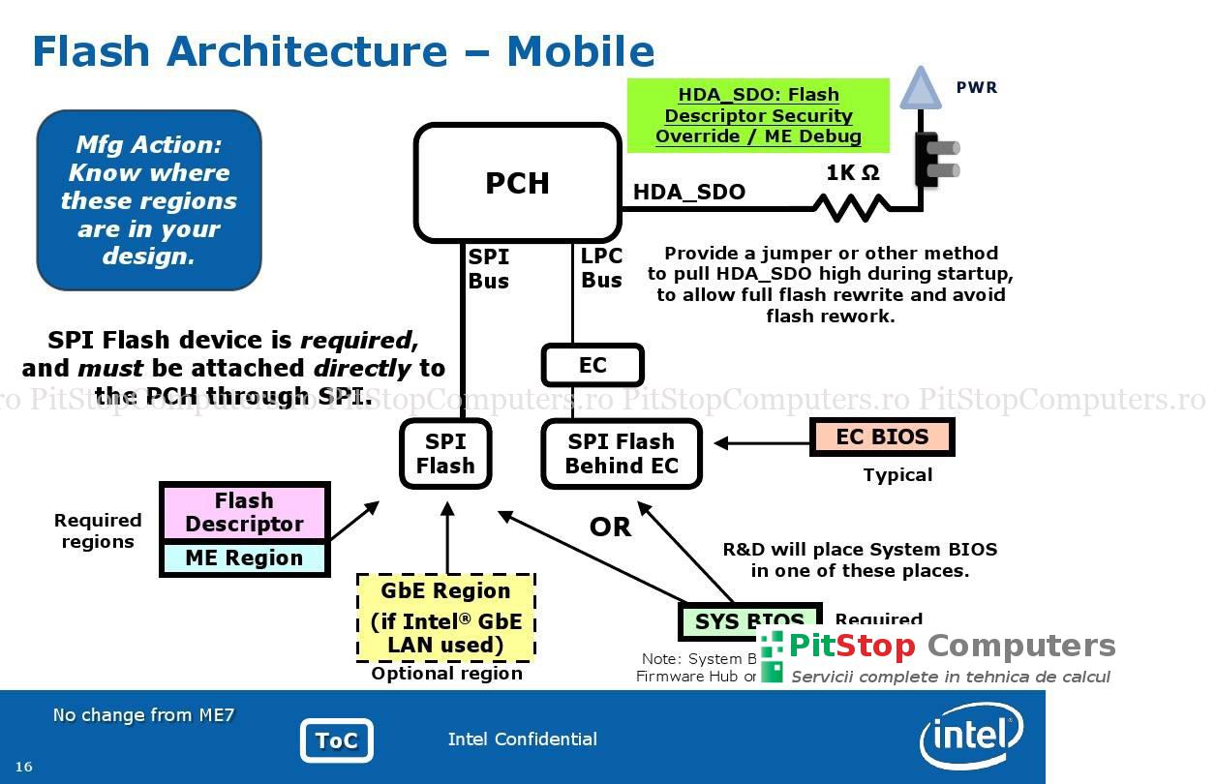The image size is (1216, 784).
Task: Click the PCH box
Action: pos(517,183)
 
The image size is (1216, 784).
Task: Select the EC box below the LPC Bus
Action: pos(593,366)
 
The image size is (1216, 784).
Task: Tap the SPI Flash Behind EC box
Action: pos(621,454)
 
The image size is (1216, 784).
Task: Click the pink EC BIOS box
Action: pos(882,437)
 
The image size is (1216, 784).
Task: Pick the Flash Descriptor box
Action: pos(244,512)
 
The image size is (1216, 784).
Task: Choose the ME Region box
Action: pos(244,558)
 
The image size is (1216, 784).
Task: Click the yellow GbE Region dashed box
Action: pos(445,618)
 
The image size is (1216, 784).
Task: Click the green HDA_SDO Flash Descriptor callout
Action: pos(758,115)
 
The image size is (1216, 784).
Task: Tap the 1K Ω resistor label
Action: pos(853,173)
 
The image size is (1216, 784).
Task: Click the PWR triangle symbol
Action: pos(920,89)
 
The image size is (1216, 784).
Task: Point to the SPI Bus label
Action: pos(488,269)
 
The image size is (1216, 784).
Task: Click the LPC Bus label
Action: pos(601,269)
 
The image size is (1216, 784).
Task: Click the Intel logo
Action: pos(971,737)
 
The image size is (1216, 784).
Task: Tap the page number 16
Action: pos(23,767)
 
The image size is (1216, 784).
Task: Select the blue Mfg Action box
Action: pos(149,200)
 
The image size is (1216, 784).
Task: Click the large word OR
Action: pos(610,528)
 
